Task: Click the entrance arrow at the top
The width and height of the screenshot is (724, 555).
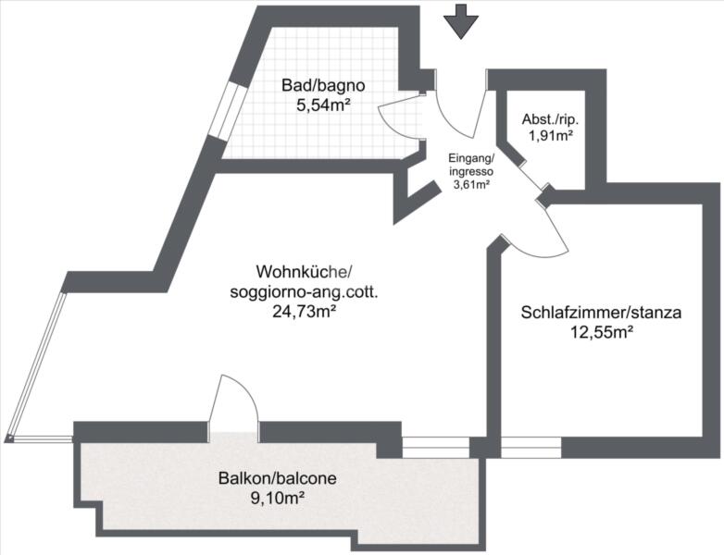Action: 461,21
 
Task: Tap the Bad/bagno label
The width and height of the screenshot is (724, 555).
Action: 323,85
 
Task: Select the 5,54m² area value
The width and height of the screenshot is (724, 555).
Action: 323,105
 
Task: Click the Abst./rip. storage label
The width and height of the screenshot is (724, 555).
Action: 550,119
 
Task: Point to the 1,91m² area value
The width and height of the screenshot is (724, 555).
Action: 551,136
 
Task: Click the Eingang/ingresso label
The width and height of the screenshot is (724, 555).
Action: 471,166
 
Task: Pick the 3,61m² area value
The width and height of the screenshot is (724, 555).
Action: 471,185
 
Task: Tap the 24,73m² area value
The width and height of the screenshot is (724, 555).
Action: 304,313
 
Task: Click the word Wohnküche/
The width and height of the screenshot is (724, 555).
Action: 304,271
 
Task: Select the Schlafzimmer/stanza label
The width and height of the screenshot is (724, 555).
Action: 601,313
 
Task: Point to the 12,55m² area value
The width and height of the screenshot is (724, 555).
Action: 601,332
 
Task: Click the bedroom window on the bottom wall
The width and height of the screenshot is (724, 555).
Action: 531,448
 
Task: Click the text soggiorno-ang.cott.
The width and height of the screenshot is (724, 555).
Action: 304,292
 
